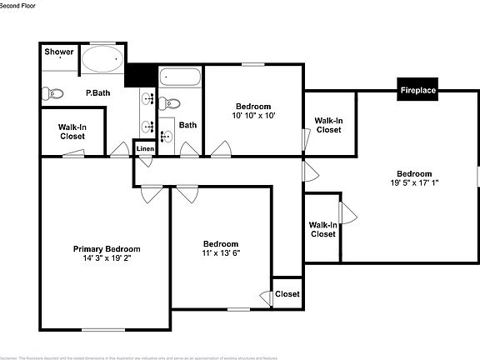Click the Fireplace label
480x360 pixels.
(417, 90)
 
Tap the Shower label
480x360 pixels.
(59, 52)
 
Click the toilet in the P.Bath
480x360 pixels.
(54, 93)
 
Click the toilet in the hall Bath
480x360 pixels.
(167, 103)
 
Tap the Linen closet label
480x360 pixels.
(145, 149)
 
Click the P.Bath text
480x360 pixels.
(98, 93)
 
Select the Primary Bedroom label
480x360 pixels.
(107, 249)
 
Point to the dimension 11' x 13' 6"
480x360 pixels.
(221, 253)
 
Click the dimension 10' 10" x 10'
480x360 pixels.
(253, 116)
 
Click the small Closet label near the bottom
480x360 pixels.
(287, 294)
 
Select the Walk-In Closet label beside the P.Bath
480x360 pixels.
(72, 132)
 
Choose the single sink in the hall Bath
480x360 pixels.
(165, 136)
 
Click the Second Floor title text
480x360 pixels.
(18, 5)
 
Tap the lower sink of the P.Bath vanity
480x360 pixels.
(148, 127)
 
